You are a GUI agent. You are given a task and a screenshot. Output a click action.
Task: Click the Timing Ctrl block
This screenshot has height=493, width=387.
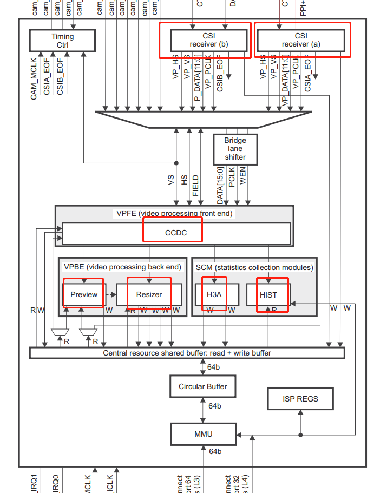pyautogui.click(x=62, y=41)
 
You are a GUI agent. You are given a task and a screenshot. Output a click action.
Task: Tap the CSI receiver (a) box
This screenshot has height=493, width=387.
pyautogui.click(x=300, y=40)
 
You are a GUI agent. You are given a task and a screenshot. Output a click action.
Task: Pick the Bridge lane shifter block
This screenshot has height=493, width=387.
pyautogui.click(x=235, y=149)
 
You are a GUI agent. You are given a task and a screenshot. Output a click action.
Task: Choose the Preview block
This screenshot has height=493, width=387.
pyautogui.click(x=84, y=294)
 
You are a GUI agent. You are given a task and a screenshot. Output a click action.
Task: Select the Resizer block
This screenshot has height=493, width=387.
pyautogui.click(x=149, y=294)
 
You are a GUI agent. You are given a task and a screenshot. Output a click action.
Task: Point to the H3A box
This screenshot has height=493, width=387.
pyautogui.click(x=214, y=294)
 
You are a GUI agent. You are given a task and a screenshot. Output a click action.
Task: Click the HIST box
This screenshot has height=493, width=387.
pyautogui.click(x=268, y=295)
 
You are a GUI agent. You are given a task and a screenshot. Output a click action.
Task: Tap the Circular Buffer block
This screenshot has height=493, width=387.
pyautogui.click(x=203, y=386)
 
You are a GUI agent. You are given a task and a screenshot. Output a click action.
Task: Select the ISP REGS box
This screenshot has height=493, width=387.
pyautogui.click(x=300, y=399)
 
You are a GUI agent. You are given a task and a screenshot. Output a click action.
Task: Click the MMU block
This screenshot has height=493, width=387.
pyautogui.click(x=203, y=433)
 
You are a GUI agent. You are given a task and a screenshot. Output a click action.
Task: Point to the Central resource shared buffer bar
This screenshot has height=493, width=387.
pyautogui.click(x=187, y=353)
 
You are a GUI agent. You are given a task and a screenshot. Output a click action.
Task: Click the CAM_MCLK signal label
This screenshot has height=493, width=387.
pyautogui.click(x=34, y=79)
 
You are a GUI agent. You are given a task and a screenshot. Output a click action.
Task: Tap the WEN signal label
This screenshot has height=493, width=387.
pyautogui.click(x=243, y=177)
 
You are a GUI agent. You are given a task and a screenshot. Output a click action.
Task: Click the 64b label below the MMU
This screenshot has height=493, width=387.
pyautogui.click(x=214, y=451)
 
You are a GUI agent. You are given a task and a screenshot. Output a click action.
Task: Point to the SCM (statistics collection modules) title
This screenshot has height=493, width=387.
pyautogui.click(x=254, y=267)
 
